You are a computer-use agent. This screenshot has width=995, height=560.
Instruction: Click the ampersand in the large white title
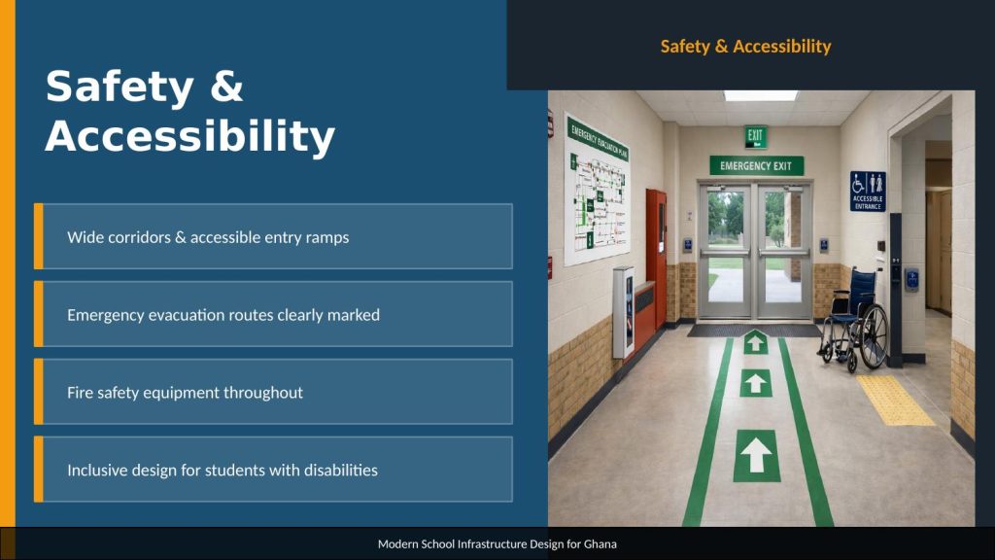[225, 87]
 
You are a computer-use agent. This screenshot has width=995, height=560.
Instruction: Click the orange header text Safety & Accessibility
[745, 47]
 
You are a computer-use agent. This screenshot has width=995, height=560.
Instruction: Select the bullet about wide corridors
[208, 237]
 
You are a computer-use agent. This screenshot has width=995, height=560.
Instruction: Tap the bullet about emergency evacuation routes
[223, 315]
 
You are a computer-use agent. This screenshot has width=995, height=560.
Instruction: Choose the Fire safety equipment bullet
[185, 393]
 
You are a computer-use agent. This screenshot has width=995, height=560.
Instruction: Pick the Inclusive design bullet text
[223, 470]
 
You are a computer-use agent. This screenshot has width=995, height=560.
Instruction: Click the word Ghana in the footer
[600, 544]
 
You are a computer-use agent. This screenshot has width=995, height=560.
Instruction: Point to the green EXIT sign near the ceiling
[755, 136]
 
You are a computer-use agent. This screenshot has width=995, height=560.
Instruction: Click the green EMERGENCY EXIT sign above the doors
[756, 165]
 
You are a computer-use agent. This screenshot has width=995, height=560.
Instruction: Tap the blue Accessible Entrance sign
[868, 192]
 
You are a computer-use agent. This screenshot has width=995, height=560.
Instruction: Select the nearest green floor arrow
[756, 455]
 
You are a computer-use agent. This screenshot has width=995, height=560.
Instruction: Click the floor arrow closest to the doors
[755, 343]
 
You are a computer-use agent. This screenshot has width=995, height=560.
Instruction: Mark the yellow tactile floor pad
[895, 400]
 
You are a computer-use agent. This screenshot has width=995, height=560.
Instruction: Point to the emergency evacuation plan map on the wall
[596, 190]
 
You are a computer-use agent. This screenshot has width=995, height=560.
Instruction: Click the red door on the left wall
[656, 257]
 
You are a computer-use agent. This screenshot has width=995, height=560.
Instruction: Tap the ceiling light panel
[760, 96]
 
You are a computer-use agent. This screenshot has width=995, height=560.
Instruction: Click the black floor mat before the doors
[754, 331]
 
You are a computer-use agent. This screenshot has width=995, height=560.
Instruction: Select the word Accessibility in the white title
[189, 136]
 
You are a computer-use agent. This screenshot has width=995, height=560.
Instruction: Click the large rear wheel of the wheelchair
[874, 337]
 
